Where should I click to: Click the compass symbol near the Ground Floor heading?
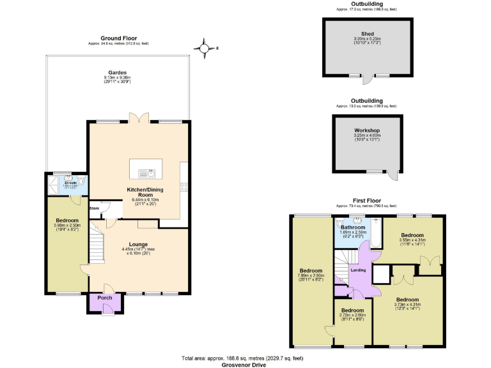tap(203, 48)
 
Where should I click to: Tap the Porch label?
tap(104, 298)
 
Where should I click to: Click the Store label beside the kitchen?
tap(95, 208)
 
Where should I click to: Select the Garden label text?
tap(117, 73)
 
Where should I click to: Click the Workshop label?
tap(367, 130)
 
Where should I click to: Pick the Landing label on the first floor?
tap(359, 270)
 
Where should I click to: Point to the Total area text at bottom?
tap(245, 358)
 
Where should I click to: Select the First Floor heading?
tap(367, 200)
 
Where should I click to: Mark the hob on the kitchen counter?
tap(184, 187)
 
